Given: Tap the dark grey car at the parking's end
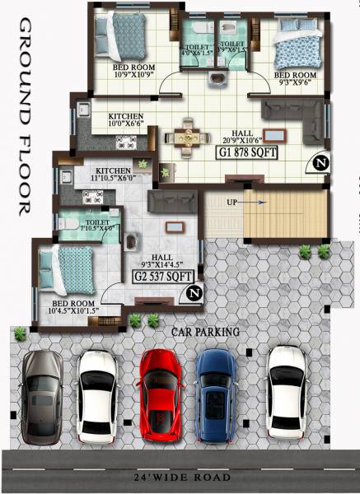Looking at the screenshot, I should pos(42,394).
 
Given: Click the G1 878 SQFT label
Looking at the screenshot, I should pos(246,152).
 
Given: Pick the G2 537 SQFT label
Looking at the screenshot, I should pos(163,277).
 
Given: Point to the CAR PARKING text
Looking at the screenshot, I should pos(206,332).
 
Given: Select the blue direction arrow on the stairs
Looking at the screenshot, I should pos(255,200).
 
